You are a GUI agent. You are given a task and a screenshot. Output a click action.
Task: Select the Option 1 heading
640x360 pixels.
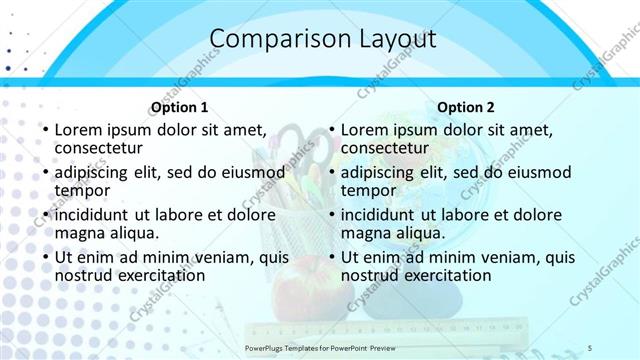[x=180, y=108]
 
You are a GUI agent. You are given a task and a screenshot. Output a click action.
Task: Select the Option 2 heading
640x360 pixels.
[x=466, y=108]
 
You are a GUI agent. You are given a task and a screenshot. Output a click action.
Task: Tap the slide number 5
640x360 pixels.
[x=590, y=347]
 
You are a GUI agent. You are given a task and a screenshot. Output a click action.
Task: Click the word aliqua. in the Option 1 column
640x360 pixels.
[x=132, y=233]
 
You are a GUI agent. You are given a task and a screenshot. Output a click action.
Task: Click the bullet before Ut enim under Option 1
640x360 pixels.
[x=45, y=258]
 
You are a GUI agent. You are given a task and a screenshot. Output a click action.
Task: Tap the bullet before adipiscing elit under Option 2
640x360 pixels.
[x=331, y=173]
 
